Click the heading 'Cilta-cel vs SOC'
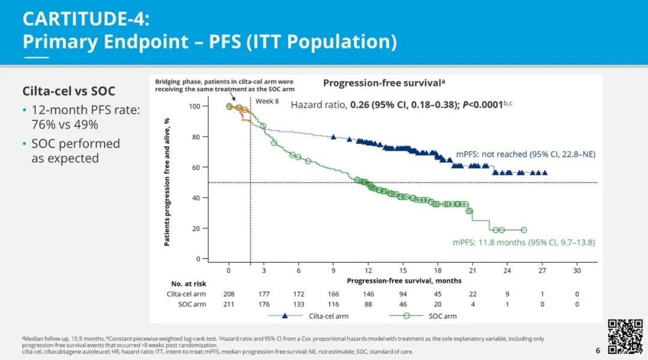click(68, 91)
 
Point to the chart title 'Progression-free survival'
click(383, 83)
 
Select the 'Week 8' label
click(267, 101)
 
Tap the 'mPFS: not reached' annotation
click(490, 154)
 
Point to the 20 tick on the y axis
click(213, 229)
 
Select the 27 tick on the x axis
click(542, 271)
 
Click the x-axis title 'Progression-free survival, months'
click(404, 281)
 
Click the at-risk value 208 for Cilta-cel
click(229, 294)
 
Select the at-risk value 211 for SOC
click(229, 304)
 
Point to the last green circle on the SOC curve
click(523, 230)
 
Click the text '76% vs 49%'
click(64, 124)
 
